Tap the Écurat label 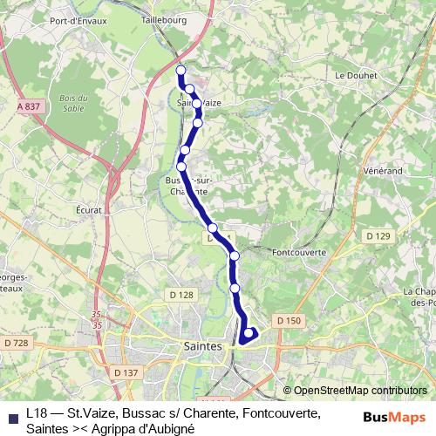[90, 210]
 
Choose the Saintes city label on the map [206, 346]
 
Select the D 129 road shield [378, 236]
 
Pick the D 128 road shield [181, 295]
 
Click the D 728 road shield [16, 344]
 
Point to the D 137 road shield [126, 372]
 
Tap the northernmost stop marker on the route [181, 71]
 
